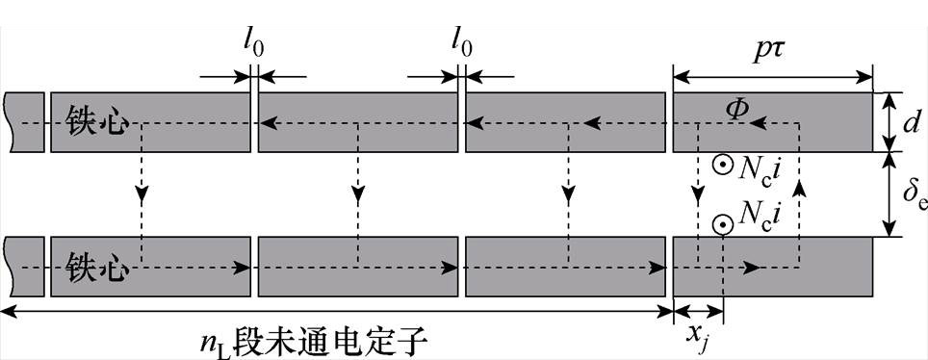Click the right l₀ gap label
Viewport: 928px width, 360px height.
[x=461, y=43]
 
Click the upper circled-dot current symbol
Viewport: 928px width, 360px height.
[x=719, y=165]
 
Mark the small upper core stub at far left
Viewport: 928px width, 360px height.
[x=24, y=122]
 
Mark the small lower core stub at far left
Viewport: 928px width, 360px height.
[x=24, y=266]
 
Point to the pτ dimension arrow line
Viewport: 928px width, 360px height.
[x=772, y=73]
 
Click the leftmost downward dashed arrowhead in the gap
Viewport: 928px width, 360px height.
[x=142, y=195]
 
